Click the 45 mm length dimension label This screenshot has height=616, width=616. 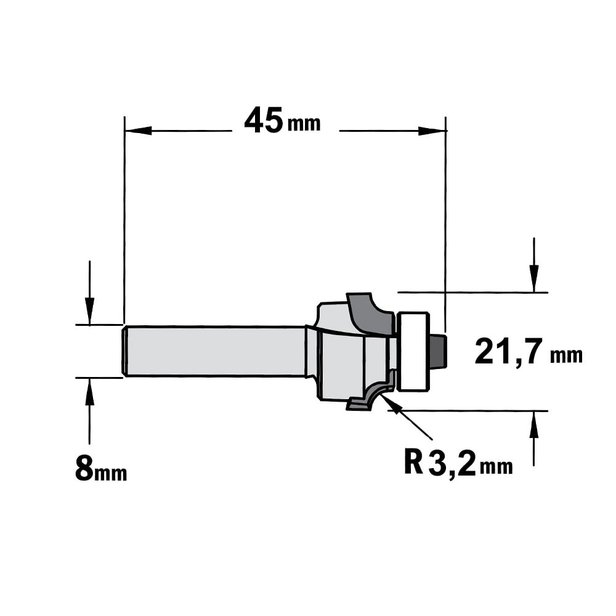click(x=282, y=121)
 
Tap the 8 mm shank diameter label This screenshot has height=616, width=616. click(x=100, y=469)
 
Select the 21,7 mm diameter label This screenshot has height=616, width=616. click(x=529, y=353)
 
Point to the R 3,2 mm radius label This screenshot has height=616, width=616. click(x=458, y=463)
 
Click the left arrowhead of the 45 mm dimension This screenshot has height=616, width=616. click(x=138, y=131)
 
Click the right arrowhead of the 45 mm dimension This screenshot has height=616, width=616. click(x=432, y=131)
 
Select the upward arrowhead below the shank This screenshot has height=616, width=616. click(x=89, y=391)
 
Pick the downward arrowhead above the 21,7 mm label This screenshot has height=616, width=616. click(x=533, y=278)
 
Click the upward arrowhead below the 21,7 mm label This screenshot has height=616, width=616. click(x=533, y=424)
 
